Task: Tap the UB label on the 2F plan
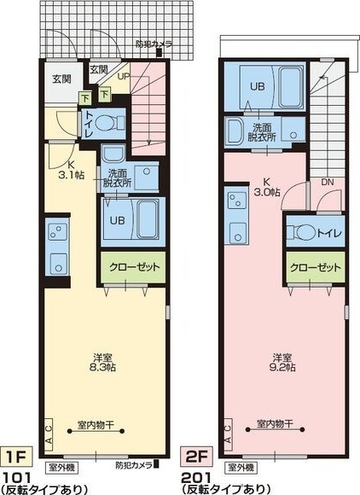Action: point(256,85)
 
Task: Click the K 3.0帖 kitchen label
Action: point(266,186)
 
